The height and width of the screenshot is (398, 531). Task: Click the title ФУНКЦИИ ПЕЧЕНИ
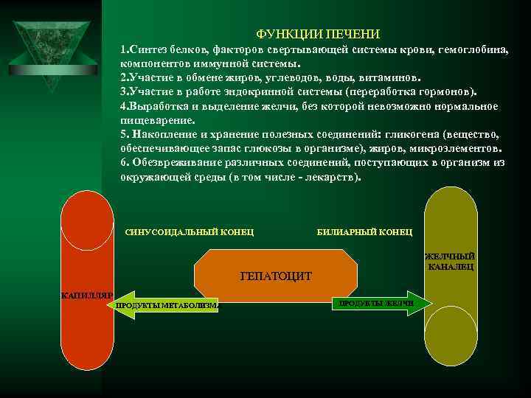pyautogui.click(x=319, y=35)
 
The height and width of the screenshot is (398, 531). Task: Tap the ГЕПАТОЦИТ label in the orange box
pyautogui.click(x=276, y=276)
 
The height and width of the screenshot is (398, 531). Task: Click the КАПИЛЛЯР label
pyautogui.click(x=85, y=296)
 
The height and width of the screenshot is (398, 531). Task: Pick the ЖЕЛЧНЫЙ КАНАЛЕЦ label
pyautogui.click(x=450, y=262)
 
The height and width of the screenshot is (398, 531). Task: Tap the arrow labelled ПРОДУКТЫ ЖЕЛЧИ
pyautogui.click(x=376, y=303)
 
